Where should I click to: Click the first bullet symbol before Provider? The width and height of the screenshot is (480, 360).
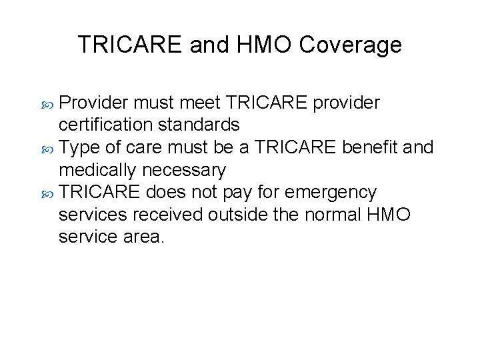click(x=49, y=103)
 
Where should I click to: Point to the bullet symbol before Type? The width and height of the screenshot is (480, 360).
click(x=49, y=148)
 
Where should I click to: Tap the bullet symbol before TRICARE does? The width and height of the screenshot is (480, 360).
click(x=49, y=193)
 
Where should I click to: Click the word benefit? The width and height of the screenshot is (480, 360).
click(x=370, y=147)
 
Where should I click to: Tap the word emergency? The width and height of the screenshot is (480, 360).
click(x=331, y=193)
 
